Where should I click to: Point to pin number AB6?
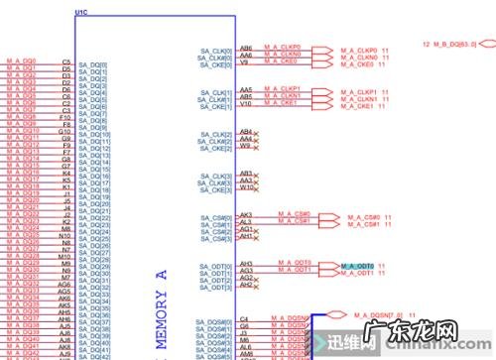click(245, 46)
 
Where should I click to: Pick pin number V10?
click(245, 103)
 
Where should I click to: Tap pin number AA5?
click(245, 88)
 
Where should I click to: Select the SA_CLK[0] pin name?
click(215, 51)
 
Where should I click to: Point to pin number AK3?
click(246, 214)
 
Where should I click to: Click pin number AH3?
click(246, 263)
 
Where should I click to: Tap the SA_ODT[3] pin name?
click(215, 289)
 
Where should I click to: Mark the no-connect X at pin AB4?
click(256, 131)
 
